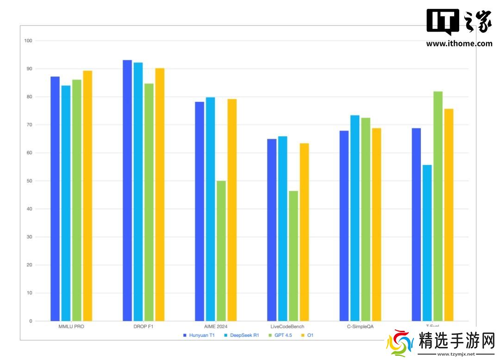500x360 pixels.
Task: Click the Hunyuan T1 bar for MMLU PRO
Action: point(55,199)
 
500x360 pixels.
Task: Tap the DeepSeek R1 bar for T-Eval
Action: point(427,243)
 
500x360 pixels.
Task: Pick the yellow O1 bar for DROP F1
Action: point(160,195)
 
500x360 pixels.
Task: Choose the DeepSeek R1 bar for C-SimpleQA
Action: point(355,218)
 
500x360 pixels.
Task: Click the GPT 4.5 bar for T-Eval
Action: point(438,206)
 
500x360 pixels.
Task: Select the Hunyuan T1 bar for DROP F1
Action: point(127,190)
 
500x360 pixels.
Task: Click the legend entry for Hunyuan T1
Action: point(199,335)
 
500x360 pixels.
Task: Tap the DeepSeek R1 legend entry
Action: point(241,335)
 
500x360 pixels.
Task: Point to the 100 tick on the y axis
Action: point(28,41)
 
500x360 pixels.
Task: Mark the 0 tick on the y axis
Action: point(30,321)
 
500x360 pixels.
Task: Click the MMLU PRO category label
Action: point(71,327)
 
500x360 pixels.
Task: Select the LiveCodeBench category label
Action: point(287,327)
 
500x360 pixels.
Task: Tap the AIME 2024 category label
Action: point(216,327)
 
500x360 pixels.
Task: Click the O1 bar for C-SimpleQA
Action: point(376,225)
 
